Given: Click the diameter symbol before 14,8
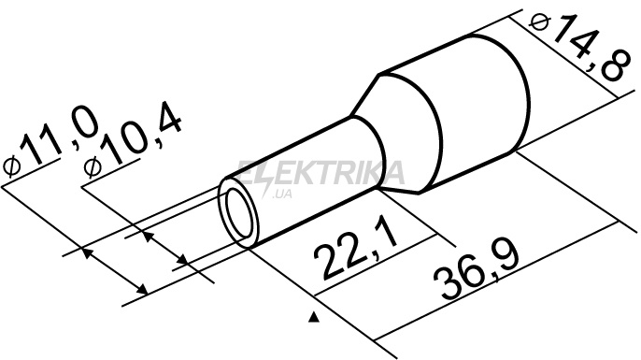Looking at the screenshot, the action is click(x=539, y=22).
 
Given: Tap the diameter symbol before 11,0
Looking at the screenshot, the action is click(x=12, y=166).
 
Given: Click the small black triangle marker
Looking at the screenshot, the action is click(x=314, y=317).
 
